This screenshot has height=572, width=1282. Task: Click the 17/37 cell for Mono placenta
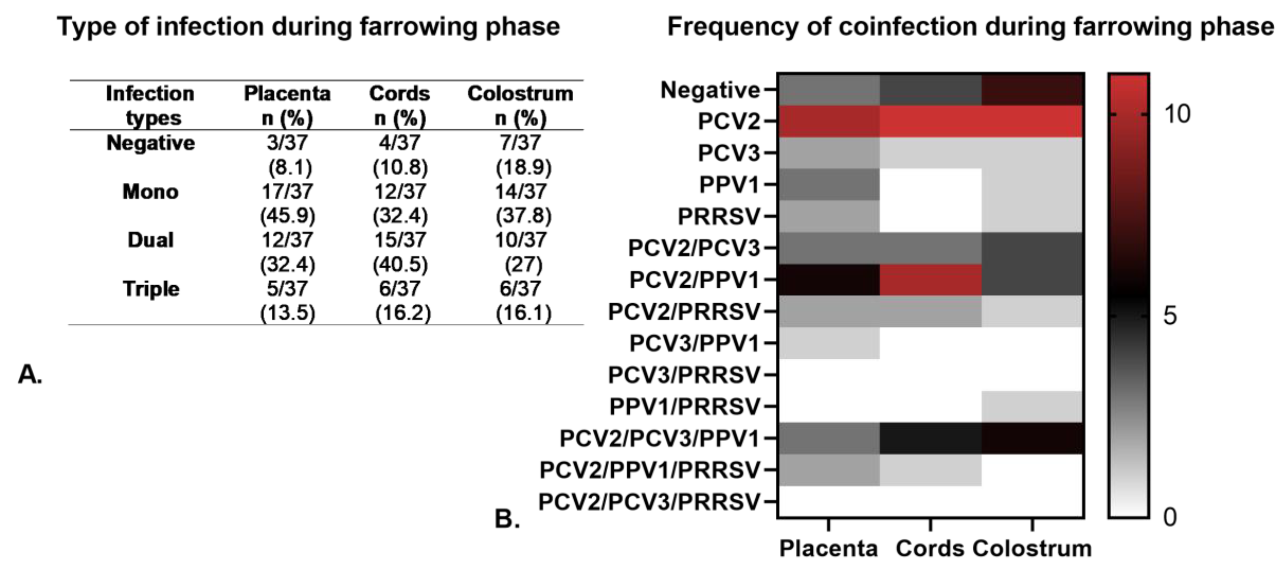287,191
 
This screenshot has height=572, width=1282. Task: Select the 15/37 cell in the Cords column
400,240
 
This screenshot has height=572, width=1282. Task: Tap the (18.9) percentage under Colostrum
523,168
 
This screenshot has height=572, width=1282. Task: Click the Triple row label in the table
151,289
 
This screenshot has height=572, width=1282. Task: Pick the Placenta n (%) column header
287,105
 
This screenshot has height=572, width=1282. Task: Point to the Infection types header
151,105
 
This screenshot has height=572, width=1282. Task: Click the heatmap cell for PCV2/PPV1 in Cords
930,280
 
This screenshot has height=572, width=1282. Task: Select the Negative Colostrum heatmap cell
1033,90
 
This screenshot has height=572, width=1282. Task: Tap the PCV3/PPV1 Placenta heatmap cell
829,343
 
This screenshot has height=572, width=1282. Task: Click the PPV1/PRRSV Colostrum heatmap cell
1033,406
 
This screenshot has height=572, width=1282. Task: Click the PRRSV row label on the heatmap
718,217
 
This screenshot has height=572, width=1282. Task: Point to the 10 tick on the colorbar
1177,114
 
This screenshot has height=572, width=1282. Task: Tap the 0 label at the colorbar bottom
1170,517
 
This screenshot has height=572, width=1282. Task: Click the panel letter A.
30,374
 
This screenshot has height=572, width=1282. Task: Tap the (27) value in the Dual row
523,264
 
